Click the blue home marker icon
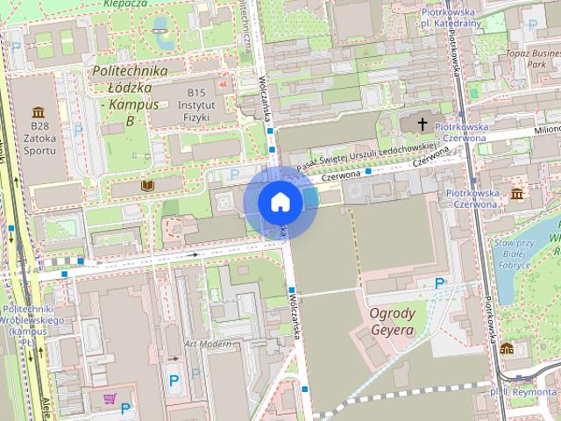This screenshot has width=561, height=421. coord(280,202)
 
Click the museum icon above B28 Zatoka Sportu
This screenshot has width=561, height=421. coord(39,112)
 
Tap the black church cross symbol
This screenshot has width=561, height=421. coord(423,125)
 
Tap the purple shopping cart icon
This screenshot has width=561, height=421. coord(110,399)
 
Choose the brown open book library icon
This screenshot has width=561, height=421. coord(147,187)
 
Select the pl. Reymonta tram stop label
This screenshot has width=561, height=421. coord(524,392)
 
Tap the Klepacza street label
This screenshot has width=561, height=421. coord(123,4)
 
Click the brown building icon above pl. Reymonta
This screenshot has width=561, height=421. coord(507,348)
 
